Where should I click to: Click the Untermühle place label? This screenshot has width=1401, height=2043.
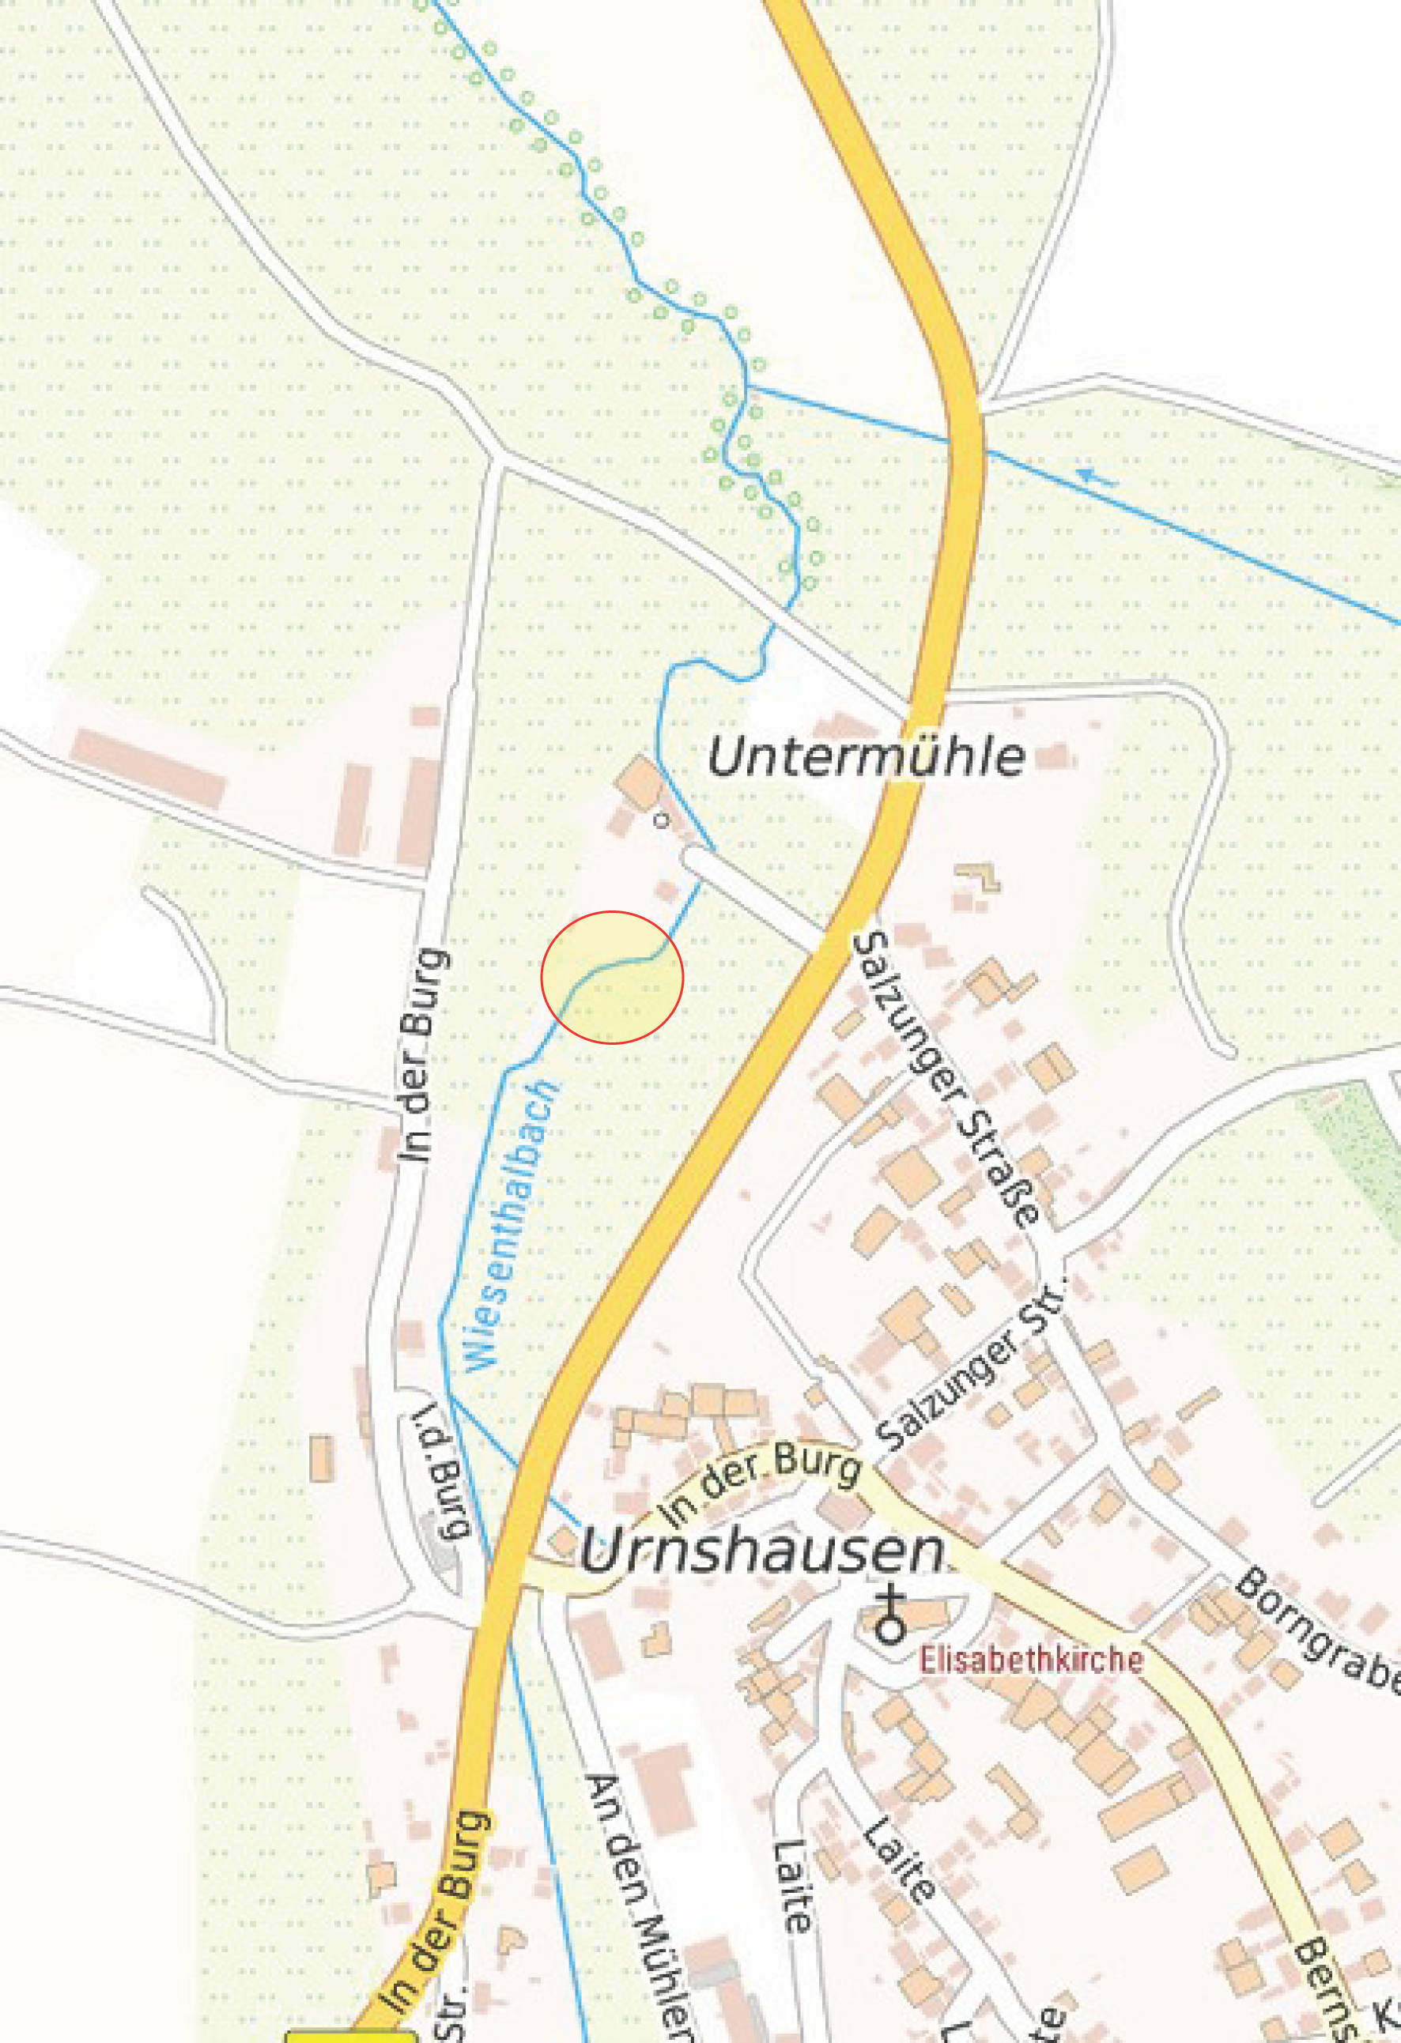[x=866, y=757]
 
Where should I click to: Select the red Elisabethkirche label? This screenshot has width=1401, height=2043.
[x=1031, y=1660]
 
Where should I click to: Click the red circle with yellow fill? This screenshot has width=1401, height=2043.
[x=612, y=978]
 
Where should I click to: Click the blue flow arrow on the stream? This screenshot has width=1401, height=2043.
[x=1096, y=477]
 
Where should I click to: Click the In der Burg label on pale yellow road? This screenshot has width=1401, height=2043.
[x=760, y=1485]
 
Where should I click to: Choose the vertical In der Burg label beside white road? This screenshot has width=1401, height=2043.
[x=424, y=1055]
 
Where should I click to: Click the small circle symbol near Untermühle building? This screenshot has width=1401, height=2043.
[x=661, y=820]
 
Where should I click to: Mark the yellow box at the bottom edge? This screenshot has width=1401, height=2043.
[x=350, y=2034]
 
